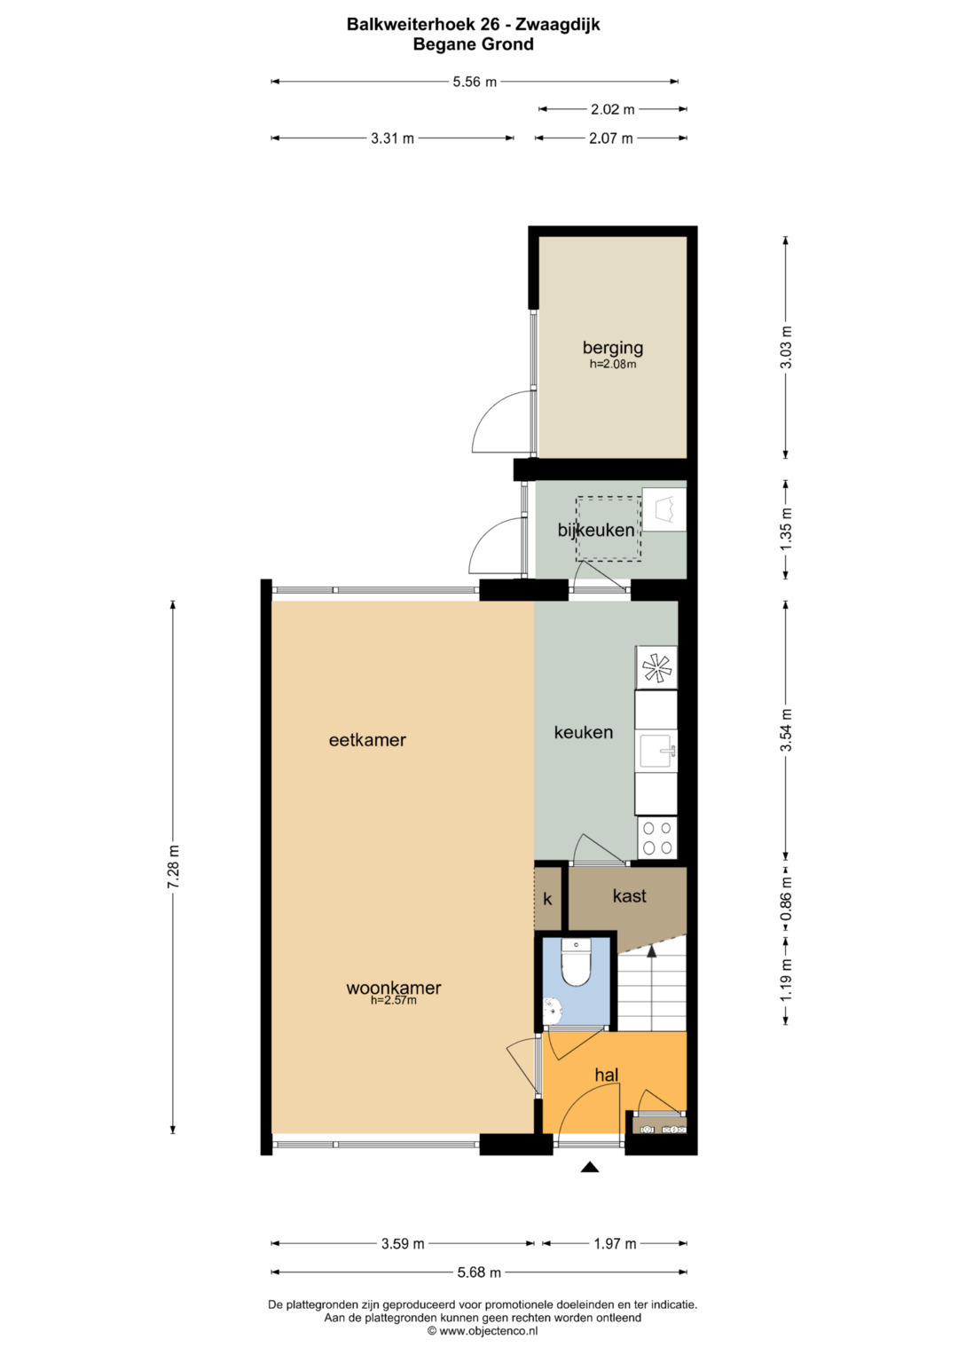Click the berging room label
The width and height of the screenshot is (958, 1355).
point(612,348)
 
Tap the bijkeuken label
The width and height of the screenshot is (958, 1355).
point(596,531)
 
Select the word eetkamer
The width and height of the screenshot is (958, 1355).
point(367,740)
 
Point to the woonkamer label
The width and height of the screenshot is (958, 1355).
point(393,988)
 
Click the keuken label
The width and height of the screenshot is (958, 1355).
point(583,733)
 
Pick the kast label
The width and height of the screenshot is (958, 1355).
point(629,896)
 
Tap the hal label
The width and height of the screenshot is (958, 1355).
point(606,1075)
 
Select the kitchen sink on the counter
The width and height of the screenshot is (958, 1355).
point(656,750)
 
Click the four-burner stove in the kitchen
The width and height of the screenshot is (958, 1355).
point(656,838)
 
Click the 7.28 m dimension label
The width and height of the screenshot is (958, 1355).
point(174,866)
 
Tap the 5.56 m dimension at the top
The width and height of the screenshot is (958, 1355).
point(475,82)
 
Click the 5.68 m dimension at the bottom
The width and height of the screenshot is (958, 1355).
point(479,1272)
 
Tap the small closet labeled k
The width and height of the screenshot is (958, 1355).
point(548,899)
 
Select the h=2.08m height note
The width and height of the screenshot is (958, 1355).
point(613,364)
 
